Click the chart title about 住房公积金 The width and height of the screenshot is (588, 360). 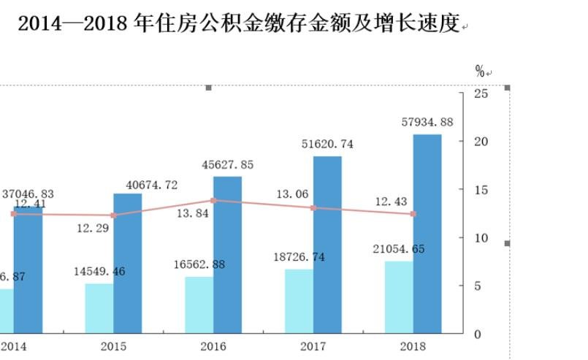click(x=238, y=24)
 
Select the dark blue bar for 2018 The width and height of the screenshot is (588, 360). click(x=427, y=234)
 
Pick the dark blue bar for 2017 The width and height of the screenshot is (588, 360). click(x=327, y=245)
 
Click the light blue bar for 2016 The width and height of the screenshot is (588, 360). click(x=199, y=305)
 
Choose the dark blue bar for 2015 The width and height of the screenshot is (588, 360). click(x=128, y=263)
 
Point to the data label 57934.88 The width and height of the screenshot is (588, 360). click(x=427, y=122)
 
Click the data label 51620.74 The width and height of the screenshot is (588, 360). click(x=327, y=144)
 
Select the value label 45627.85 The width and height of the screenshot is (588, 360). click(x=227, y=165)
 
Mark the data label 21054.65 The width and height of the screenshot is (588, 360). click(x=399, y=249)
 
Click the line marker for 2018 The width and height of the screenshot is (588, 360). click(x=413, y=214)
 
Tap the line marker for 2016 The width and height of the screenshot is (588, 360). click(x=213, y=200)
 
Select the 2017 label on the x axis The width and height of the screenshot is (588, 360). click(x=313, y=346)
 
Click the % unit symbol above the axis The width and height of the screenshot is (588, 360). click(x=480, y=71)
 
